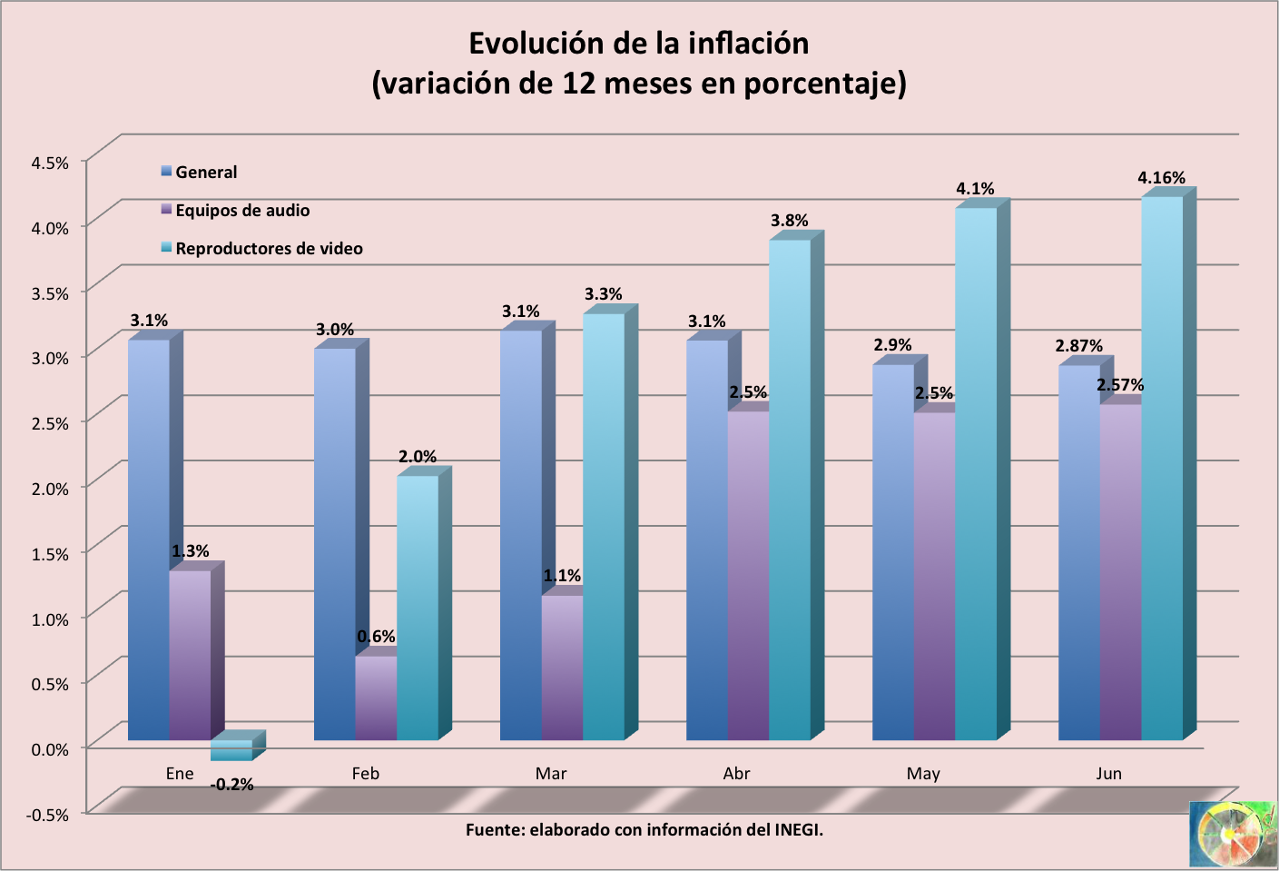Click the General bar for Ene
click(x=148, y=540)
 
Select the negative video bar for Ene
click(x=231, y=750)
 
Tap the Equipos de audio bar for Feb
click(x=376, y=698)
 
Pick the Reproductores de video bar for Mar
click(x=603, y=527)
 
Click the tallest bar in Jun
click(x=1162, y=468)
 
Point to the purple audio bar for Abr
click(x=748, y=577)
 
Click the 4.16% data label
click(x=1161, y=178)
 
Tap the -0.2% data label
click(x=231, y=785)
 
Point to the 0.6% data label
click(x=376, y=637)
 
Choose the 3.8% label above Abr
click(x=789, y=221)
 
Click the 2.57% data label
click(x=1120, y=385)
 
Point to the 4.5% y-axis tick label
click(x=50, y=163)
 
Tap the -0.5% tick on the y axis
click(x=47, y=815)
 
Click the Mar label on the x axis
click(x=551, y=774)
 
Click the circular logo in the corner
click(x=1232, y=834)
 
